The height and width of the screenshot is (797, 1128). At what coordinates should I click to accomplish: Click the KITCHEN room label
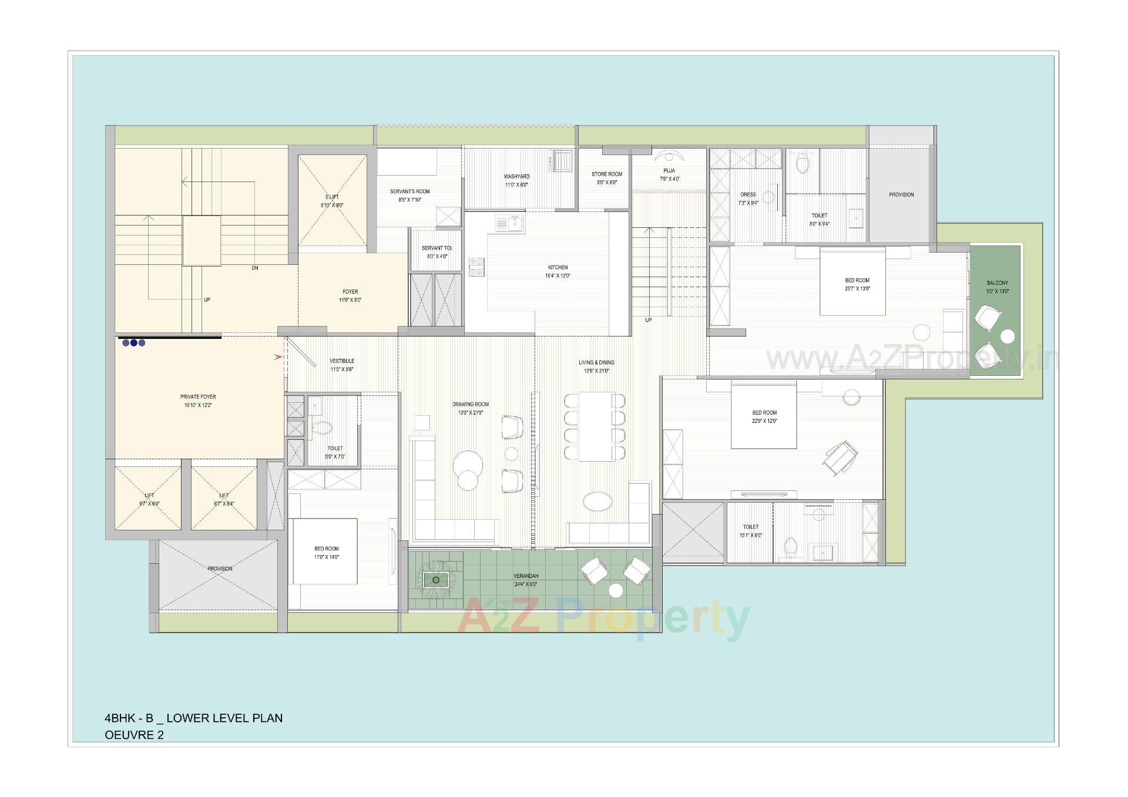(x=558, y=267)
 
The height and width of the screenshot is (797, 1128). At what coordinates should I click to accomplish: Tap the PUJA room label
(x=669, y=171)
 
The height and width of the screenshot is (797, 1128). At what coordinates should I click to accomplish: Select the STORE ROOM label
(x=606, y=174)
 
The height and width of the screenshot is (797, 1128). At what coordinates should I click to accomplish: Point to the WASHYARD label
(x=516, y=176)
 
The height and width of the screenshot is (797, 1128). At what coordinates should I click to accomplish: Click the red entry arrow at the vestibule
(x=278, y=357)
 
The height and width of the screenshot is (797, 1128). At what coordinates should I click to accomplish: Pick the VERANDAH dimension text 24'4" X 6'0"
(x=525, y=584)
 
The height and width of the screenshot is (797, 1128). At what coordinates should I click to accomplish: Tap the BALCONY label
(x=997, y=283)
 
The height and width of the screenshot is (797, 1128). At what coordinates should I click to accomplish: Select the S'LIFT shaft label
(x=332, y=197)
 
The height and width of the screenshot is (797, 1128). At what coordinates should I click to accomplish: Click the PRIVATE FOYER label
(x=198, y=397)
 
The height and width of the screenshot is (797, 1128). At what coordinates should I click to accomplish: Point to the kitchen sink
(x=509, y=223)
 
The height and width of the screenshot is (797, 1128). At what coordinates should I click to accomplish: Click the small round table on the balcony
(x=1007, y=337)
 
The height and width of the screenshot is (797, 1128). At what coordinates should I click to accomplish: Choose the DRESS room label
(x=748, y=194)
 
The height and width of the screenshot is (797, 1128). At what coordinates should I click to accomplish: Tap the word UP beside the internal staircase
(x=648, y=320)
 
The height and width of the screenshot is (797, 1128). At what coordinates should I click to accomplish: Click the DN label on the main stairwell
(x=254, y=268)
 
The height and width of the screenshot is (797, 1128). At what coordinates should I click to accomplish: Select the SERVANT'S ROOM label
(x=409, y=191)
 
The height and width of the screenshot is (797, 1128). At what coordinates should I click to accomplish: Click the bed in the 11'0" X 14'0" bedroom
(x=325, y=551)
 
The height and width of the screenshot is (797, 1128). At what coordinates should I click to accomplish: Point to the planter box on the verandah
(x=435, y=580)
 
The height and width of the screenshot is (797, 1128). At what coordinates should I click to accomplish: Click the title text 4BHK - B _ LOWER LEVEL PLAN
(x=193, y=718)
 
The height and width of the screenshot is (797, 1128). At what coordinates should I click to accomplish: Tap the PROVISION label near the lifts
(x=220, y=569)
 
